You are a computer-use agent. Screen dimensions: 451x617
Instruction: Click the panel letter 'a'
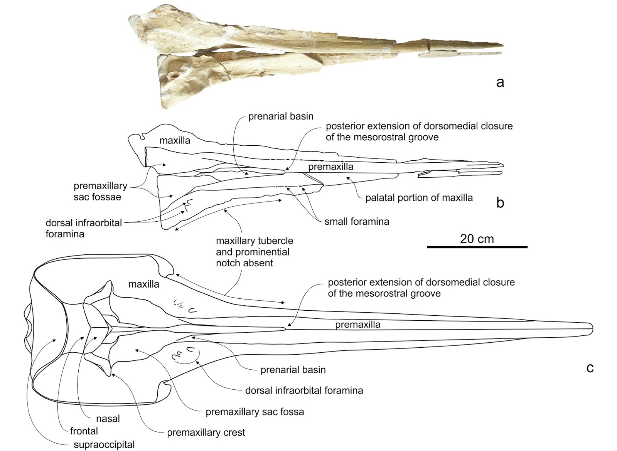pos(500,82)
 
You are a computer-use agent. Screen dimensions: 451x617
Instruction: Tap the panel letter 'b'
pos(500,203)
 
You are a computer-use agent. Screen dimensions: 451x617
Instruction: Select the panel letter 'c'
pos(590,368)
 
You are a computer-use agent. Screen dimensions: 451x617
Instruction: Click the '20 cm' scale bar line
pos(477,247)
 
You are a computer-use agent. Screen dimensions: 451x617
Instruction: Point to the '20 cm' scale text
pos(477,239)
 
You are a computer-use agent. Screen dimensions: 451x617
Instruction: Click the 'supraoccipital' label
pos(104,444)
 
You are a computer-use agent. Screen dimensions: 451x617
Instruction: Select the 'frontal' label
pos(84,431)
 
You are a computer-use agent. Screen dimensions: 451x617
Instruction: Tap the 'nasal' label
pos(108,418)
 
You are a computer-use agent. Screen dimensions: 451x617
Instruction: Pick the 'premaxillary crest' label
pos(206,432)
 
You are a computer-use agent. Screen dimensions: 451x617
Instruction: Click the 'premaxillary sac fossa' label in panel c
pos(255,412)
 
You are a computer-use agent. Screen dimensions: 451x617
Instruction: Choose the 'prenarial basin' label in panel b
pos(281,116)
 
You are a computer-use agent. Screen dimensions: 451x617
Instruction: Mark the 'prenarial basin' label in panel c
pos(293,370)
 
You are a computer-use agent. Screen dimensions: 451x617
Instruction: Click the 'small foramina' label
pos(357,222)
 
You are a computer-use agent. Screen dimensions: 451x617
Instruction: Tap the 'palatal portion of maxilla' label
pos(419,198)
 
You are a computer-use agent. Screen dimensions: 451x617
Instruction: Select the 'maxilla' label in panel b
pos(175,140)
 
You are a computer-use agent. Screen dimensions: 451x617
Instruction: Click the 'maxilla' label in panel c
pos(144,284)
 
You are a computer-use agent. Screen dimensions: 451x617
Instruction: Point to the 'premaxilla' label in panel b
pos(330,167)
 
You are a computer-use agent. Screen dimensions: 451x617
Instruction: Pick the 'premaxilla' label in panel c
pos(357,325)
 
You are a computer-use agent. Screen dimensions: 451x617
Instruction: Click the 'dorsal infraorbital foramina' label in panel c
pos(304,390)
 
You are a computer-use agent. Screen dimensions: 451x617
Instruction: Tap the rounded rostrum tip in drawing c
pos(591,329)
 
